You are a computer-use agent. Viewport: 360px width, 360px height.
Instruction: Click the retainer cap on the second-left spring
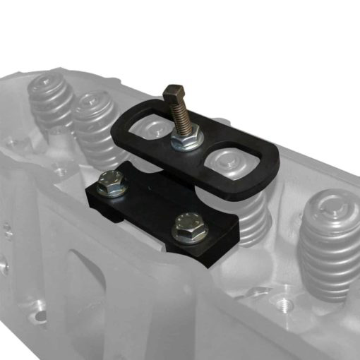tap(94, 102)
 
